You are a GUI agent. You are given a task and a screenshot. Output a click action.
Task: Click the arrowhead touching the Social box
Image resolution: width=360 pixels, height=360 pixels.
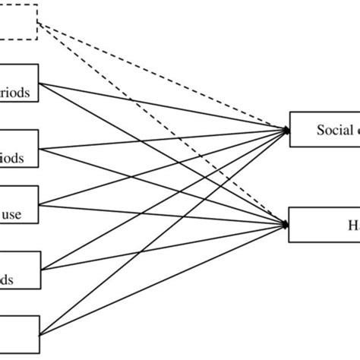coord(286,130)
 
